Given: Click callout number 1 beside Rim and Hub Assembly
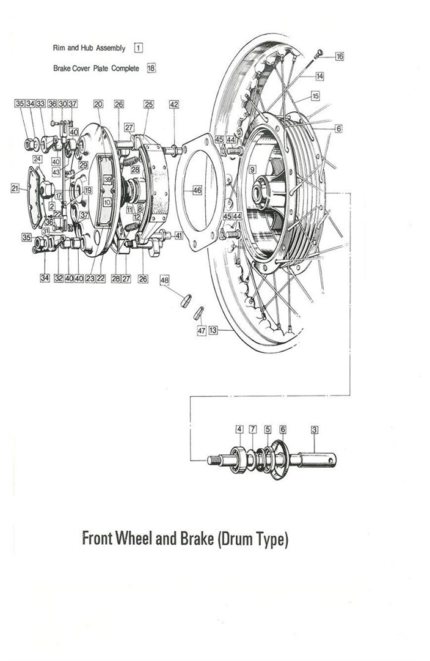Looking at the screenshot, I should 139,48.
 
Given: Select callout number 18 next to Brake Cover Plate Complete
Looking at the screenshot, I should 151,68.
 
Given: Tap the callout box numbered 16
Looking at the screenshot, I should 340,56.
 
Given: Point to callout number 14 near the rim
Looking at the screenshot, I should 320,76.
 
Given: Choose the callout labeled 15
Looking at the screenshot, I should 315,96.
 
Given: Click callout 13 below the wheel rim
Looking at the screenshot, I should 213,330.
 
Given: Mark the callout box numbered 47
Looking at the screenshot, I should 201,330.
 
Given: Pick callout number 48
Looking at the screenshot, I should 164,279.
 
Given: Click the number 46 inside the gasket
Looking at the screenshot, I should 197,191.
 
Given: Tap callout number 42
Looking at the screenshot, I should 174,105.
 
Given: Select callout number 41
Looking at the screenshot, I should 178,235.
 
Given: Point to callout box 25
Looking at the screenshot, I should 148,105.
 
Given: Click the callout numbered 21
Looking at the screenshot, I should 15,189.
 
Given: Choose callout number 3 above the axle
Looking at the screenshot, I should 315,429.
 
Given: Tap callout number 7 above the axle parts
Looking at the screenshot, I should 253,429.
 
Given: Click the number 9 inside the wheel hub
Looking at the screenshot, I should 252,168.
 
